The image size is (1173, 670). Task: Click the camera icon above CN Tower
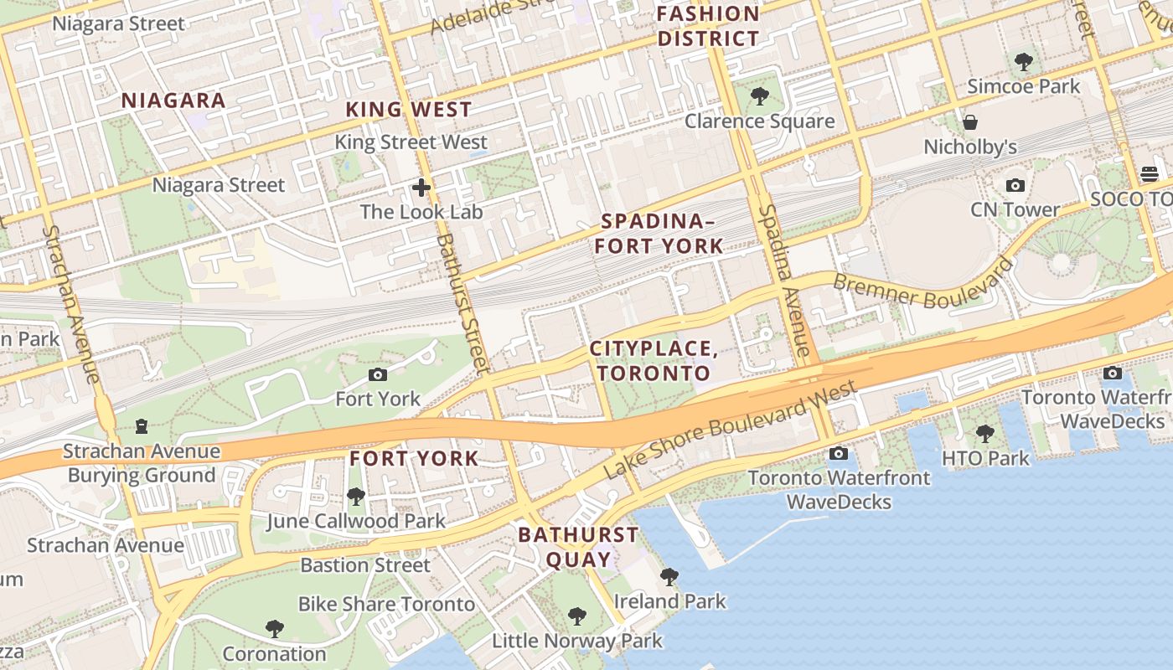1015,185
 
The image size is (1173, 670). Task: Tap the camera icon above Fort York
378,374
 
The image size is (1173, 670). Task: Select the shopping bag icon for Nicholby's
970,122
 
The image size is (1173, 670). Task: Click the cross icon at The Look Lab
421,188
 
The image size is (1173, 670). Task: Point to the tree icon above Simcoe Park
1023,61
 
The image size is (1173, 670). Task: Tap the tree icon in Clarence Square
759,96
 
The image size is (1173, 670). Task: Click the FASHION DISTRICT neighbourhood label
708,26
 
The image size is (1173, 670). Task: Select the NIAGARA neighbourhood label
173,100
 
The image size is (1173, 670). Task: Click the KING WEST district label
409,109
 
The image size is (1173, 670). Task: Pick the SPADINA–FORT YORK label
662,234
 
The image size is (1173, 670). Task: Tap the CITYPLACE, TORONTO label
654,361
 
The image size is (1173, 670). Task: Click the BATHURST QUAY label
578,546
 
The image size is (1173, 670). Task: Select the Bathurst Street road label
461,301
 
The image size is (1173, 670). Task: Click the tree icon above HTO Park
984,434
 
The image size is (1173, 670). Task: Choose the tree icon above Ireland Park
669,576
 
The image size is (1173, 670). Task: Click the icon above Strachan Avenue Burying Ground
142,427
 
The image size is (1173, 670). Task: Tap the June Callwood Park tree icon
355,497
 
